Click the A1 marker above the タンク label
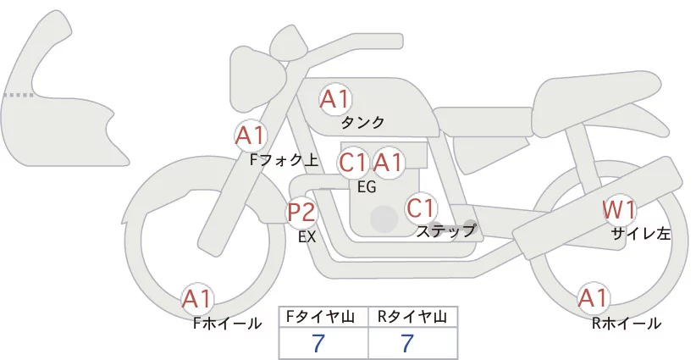click(x=334, y=99)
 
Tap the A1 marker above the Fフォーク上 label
click(x=251, y=135)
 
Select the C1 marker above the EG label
click(x=352, y=162)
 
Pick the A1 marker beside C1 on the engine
click(x=388, y=162)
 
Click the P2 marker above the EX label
click(x=301, y=212)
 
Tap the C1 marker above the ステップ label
click(x=421, y=207)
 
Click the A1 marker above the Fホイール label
click(x=198, y=298)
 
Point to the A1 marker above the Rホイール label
click(x=593, y=298)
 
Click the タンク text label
click(x=363, y=122)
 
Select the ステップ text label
click(x=445, y=230)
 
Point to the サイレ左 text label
click(x=641, y=235)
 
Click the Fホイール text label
click(x=227, y=323)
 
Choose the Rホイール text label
click(x=627, y=323)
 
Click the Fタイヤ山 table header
click(x=324, y=316)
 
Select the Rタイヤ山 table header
click(x=413, y=316)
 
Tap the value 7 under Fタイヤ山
click(x=318, y=344)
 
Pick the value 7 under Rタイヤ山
click(x=407, y=344)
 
